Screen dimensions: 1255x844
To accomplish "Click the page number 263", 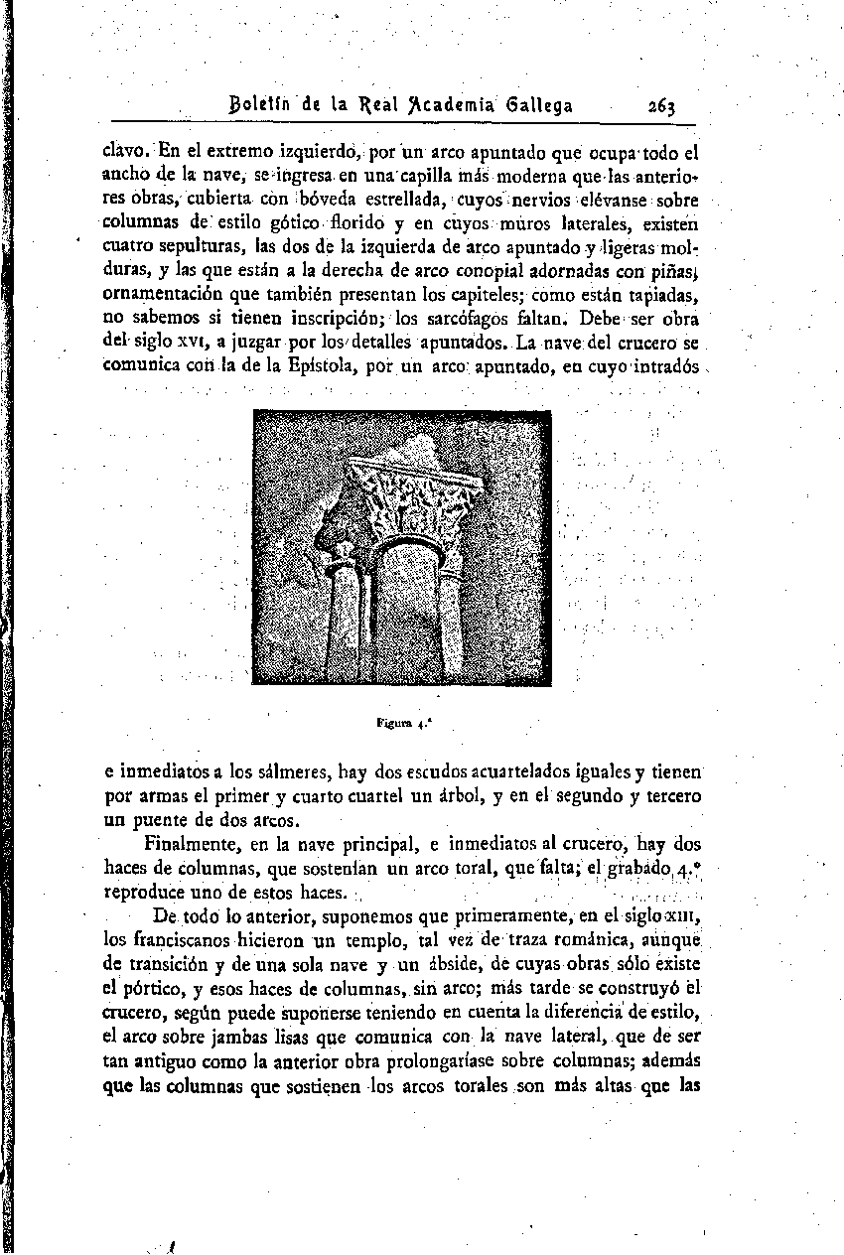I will [x=661, y=105].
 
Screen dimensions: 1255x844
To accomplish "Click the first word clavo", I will [x=127, y=153].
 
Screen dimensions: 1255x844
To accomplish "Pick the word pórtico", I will [x=156, y=987].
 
